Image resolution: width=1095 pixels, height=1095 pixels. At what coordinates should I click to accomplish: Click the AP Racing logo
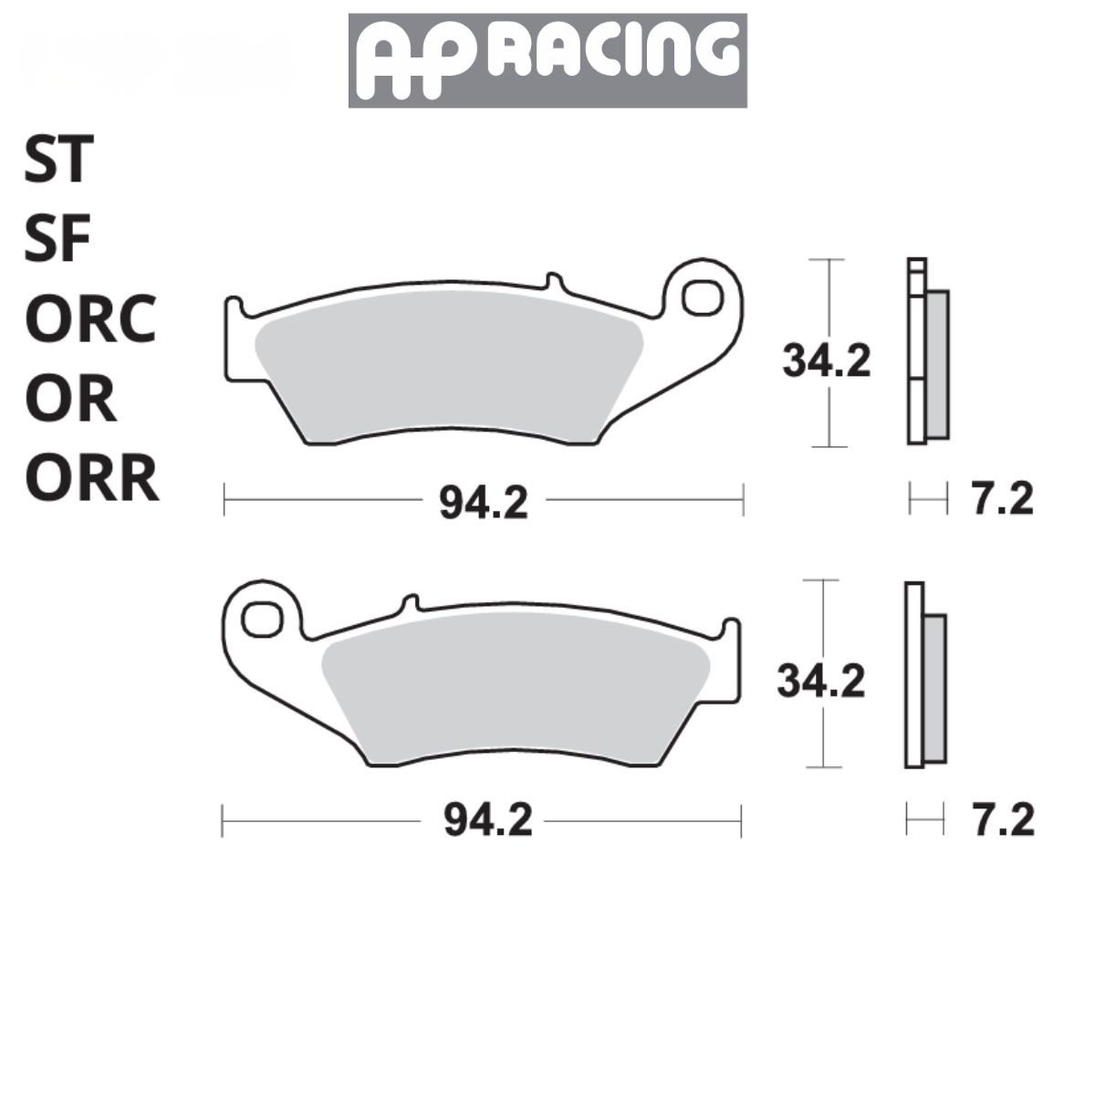547,60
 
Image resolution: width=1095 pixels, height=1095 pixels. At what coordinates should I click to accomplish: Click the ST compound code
58,159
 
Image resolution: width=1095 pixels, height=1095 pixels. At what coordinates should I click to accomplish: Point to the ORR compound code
91,480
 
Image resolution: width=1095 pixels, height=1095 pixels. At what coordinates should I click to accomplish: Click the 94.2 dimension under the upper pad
483,502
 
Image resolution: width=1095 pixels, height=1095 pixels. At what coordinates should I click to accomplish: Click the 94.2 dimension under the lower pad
487,821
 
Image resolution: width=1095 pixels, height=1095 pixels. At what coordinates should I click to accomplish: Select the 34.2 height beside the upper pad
826,361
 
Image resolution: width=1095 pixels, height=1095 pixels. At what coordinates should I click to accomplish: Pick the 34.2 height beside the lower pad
820,681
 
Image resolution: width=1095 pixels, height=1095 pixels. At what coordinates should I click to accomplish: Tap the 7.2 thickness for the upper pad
1001,500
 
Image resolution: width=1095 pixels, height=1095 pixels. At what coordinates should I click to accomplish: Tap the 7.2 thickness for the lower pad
1003,820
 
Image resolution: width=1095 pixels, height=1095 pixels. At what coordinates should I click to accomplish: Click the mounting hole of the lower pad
262,619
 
